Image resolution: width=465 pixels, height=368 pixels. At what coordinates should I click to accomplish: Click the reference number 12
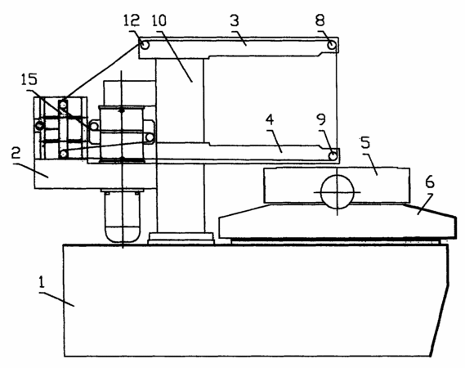coord(132,20)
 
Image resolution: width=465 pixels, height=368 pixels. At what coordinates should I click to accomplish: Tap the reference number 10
coord(159,20)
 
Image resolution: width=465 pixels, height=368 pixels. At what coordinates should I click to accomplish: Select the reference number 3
coord(235,20)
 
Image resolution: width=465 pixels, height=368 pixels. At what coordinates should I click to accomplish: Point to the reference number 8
coord(320,20)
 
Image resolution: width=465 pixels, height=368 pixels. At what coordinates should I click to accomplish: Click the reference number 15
coord(29,79)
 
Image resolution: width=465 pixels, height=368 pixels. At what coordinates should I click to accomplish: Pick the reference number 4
coord(270,119)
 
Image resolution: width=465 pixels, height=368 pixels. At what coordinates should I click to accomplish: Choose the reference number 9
coord(321,119)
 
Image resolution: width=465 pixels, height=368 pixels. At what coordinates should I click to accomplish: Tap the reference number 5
coord(365,142)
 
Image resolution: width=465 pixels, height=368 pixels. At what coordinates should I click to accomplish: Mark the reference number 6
coord(430,182)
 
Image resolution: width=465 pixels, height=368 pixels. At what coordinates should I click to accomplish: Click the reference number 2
coord(16,153)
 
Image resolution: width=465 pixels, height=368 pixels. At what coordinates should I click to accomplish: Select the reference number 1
coord(42,281)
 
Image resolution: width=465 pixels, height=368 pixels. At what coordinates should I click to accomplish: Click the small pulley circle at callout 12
coord(145,45)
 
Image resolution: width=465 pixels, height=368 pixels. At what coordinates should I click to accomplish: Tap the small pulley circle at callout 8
coord(332,45)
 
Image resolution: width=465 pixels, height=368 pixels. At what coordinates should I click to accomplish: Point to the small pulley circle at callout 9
coord(333,155)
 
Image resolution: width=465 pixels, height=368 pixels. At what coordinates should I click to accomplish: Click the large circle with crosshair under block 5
coord(338,191)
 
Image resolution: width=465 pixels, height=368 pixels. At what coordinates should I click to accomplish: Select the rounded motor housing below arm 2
coord(123,216)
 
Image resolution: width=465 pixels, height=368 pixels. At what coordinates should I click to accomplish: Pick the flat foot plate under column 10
coord(181,238)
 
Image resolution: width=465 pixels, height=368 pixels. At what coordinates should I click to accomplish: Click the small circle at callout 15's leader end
coord(94,127)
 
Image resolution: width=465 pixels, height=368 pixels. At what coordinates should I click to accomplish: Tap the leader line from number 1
coord(56,298)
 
